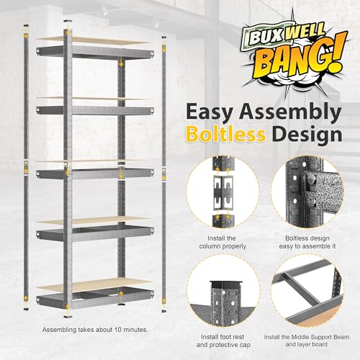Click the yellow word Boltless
coord(225,134)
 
